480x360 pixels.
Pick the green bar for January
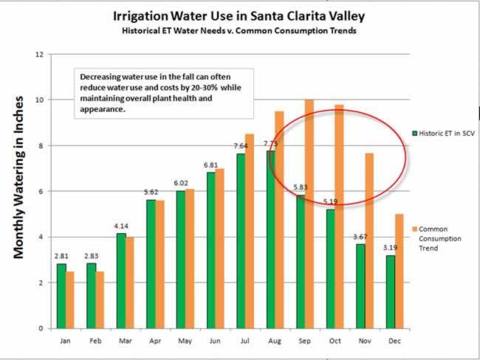coord(61,296)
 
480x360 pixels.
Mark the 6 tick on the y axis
coord(43,191)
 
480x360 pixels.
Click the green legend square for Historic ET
coord(415,133)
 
